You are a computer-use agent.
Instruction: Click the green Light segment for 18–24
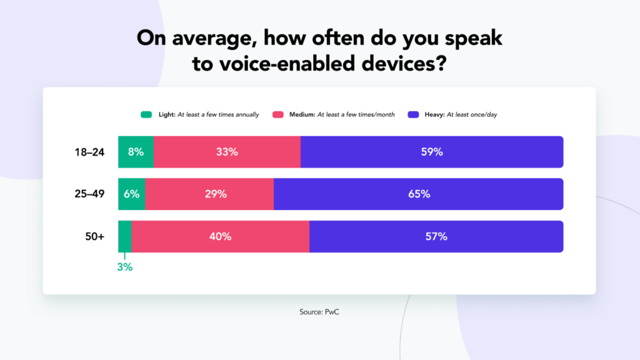(136, 152)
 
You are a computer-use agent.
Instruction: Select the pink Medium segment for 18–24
(227, 152)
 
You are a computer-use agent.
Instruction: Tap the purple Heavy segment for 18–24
(432, 152)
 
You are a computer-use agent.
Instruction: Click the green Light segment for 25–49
(132, 194)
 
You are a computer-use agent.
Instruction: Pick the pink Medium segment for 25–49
(209, 194)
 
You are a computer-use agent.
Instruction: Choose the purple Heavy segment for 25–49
(419, 194)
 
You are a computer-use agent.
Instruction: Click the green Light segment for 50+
(125, 236)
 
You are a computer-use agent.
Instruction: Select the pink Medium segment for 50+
(220, 236)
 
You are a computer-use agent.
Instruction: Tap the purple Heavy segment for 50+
(436, 236)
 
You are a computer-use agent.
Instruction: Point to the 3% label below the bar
(125, 267)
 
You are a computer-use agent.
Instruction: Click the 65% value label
(419, 194)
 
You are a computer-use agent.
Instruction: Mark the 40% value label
(221, 236)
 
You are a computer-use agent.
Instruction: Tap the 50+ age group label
(95, 236)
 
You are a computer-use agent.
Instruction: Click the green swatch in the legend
(146, 114)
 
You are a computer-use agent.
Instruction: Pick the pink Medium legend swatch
(278, 114)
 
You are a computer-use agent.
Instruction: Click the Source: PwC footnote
(319, 311)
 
